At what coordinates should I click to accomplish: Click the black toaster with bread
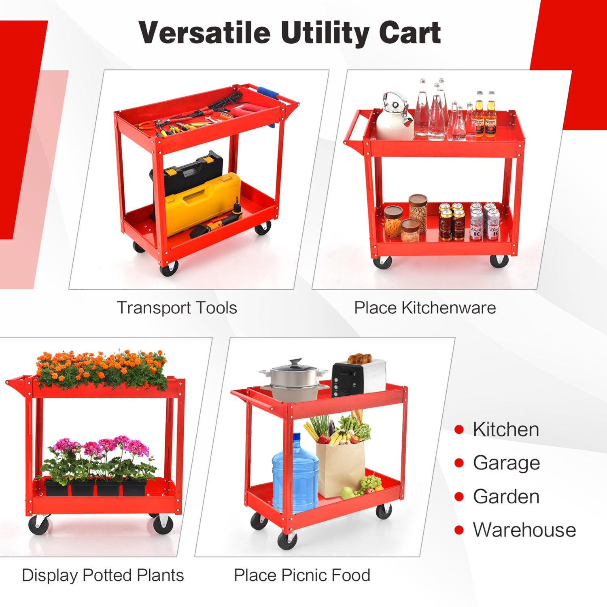(x=358, y=376)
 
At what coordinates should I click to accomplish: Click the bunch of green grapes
(x=370, y=484)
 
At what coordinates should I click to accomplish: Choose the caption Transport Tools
(x=177, y=308)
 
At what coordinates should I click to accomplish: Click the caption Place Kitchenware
(x=425, y=308)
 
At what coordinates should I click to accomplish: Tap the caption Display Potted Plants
(x=103, y=575)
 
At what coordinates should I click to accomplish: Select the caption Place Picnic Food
(x=302, y=575)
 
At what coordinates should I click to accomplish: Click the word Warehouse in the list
(x=524, y=530)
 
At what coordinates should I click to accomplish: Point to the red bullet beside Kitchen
(x=459, y=429)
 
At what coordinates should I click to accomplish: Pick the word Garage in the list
(x=506, y=463)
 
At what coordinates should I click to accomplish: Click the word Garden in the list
(x=506, y=497)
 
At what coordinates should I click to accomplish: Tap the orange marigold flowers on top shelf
(x=101, y=368)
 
